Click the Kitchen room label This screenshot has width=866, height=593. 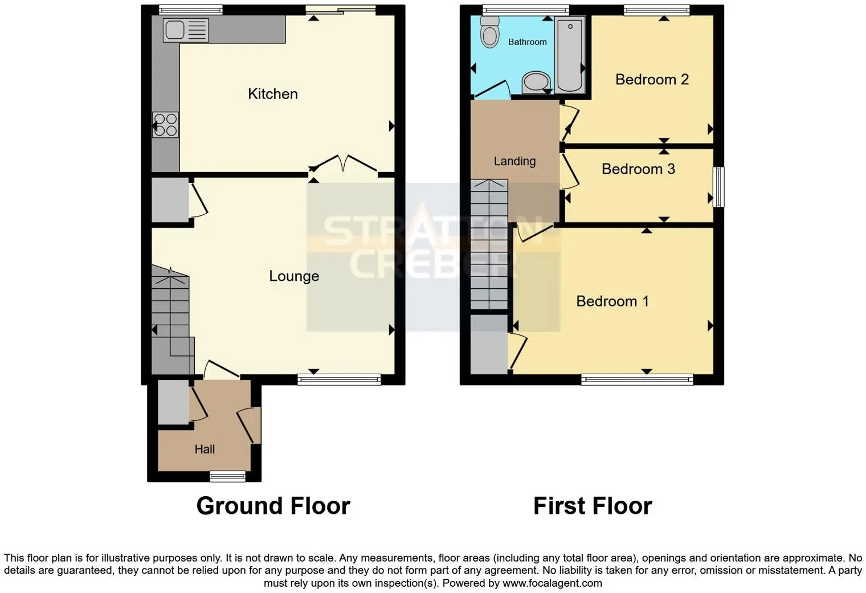click(x=272, y=94)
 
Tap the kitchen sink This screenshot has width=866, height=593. click(x=186, y=30)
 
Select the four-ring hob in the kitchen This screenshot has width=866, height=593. click(x=165, y=125)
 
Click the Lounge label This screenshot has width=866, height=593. click(x=294, y=276)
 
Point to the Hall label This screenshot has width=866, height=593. click(x=205, y=449)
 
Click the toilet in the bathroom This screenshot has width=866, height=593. click(x=490, y=32)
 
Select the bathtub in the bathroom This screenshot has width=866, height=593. click(x=570, y=55)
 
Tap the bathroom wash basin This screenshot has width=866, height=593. click(x=536, y=83)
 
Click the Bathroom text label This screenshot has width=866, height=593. click(x=528, y=42)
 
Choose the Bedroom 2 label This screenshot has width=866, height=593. click(x=652, y=79)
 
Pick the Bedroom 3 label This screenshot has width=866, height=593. click(x=638, y=169)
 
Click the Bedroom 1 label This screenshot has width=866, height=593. click(x=612, y=301)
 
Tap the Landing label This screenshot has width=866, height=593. click(x=514, y=161)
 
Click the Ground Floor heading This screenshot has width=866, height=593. click(x=273, y=506)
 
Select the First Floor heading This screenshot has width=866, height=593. click(x=593, y=506)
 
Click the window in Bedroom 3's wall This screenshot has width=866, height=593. click(x=718, y=187)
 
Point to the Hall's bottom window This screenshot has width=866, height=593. click(x=228, y=476)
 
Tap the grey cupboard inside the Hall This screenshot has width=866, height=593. click(x=173, y=402)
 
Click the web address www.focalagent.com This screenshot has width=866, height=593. click(x=552, y=583)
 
